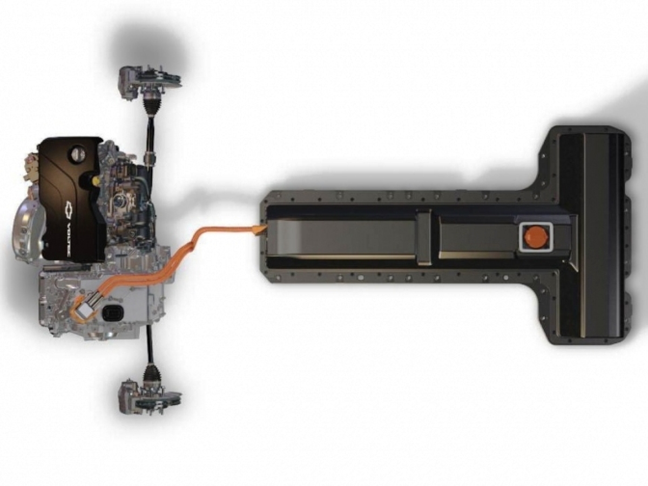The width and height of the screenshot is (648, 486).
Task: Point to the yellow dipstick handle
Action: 95,179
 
